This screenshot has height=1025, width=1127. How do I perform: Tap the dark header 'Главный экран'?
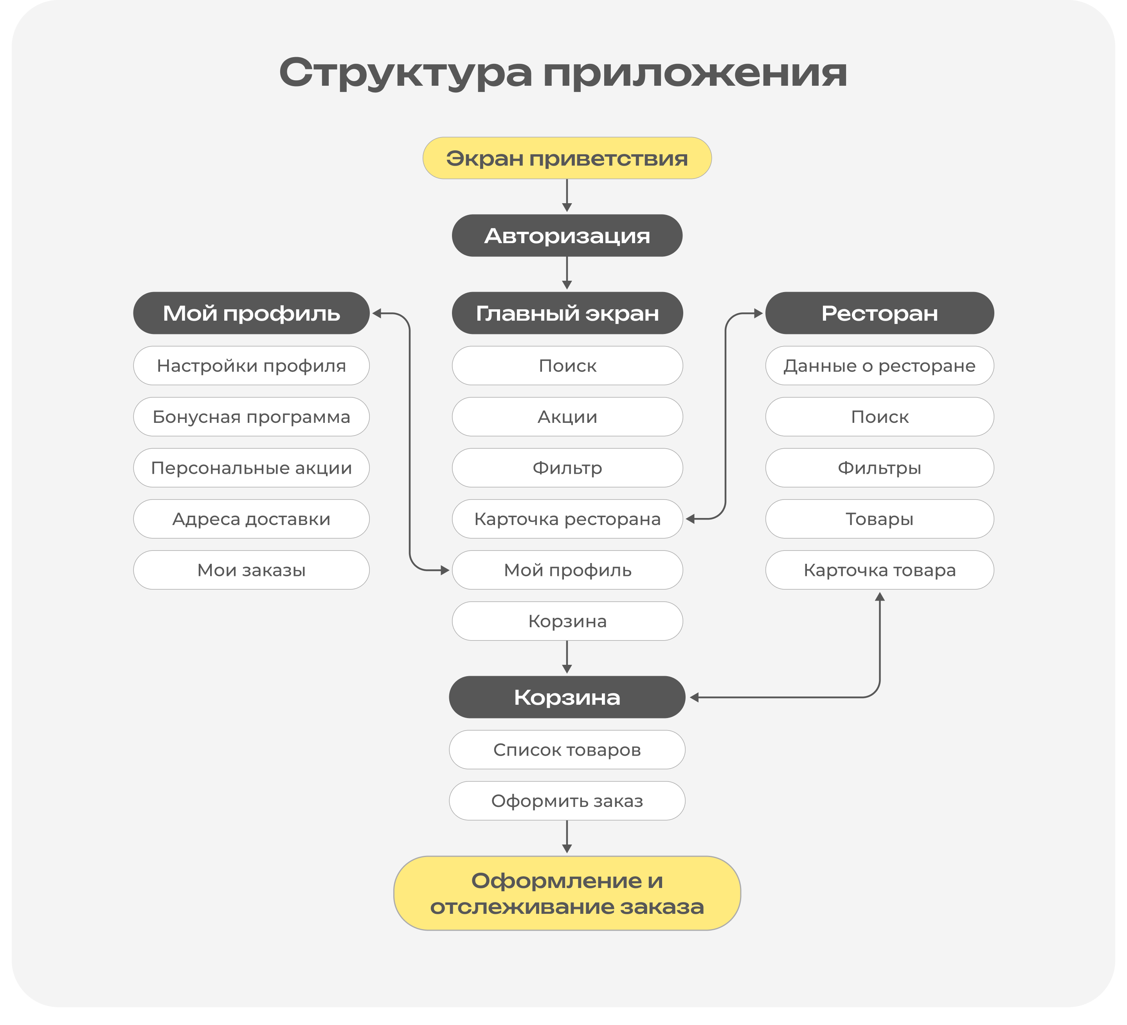(x=567, y=313)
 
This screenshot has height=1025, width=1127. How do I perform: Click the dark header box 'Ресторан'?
(x=879, y=313)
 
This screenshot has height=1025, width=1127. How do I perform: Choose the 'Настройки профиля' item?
(x=251, y=366)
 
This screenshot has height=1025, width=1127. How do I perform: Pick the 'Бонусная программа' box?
(x=251, y=417)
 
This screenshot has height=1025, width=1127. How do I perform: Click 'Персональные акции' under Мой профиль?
(x=251, y=467)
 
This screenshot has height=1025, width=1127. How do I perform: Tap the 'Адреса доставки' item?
(x=251, y=519)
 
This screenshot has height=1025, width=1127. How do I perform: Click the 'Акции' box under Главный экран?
(x=567, y=417)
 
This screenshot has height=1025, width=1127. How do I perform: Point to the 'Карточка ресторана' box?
(x=567, y=519)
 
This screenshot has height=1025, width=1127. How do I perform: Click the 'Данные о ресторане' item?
(x=879, y=366)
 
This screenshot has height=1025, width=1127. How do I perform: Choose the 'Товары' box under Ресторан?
(x=879, y=519)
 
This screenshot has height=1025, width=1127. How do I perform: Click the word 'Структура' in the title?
(x=405, y=73)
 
